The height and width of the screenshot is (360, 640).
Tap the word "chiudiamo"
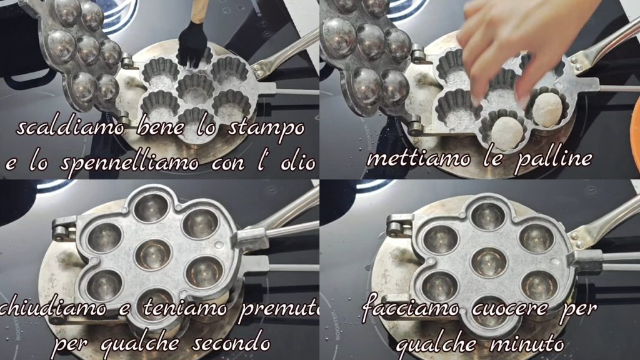pos(53,307)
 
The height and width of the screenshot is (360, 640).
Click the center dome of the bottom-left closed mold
pos(154,255)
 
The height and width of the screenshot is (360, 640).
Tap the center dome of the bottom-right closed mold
pos(488,262)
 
